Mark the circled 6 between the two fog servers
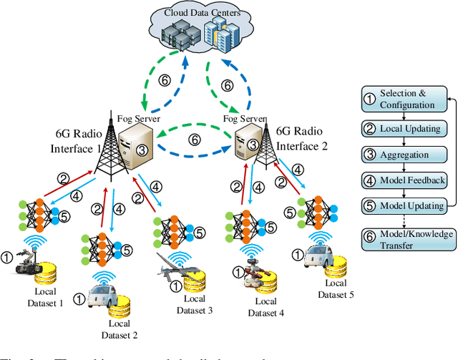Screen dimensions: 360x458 pyautogui.click(x=193, y=140)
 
